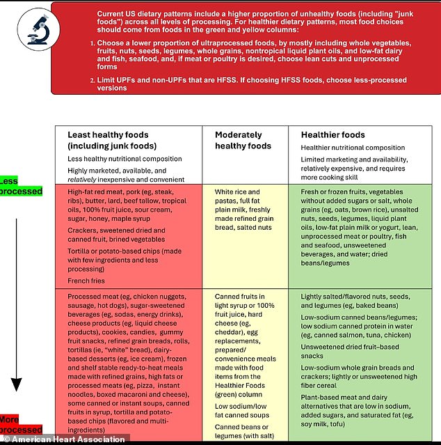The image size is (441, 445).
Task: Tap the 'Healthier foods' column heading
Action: (x=332, y=134)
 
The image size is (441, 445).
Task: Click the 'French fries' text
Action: (x=87, y=281)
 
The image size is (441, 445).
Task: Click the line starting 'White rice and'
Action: (x=239, y=192)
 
